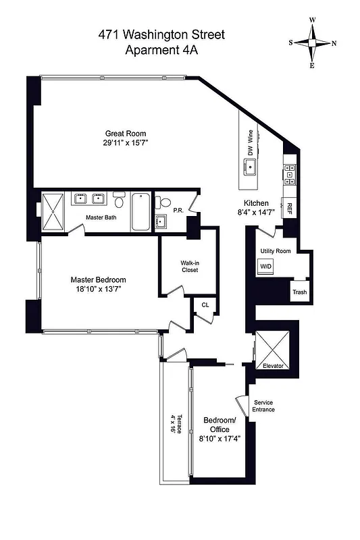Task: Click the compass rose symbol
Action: click(312, 43)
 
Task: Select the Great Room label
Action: click(125, 133)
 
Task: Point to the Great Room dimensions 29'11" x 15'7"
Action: click(125, 143)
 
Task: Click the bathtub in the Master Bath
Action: click(140, 211)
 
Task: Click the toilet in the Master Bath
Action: click(119, 200)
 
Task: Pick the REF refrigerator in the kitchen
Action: click(290, 207)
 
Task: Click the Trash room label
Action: click(299, 292)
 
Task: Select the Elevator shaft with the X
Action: click(273, 348)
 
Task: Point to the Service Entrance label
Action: click(263, 406)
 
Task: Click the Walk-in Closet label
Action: click(188, 266)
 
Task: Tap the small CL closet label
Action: click(205, 305)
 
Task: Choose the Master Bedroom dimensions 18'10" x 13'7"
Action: click(99, 290)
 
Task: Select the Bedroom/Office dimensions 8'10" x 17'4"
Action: click(220, 438)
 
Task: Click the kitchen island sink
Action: click(249, 171)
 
